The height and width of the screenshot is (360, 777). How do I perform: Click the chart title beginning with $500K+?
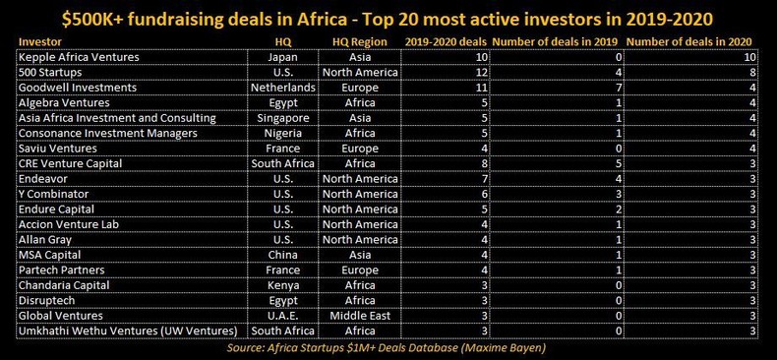388,18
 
